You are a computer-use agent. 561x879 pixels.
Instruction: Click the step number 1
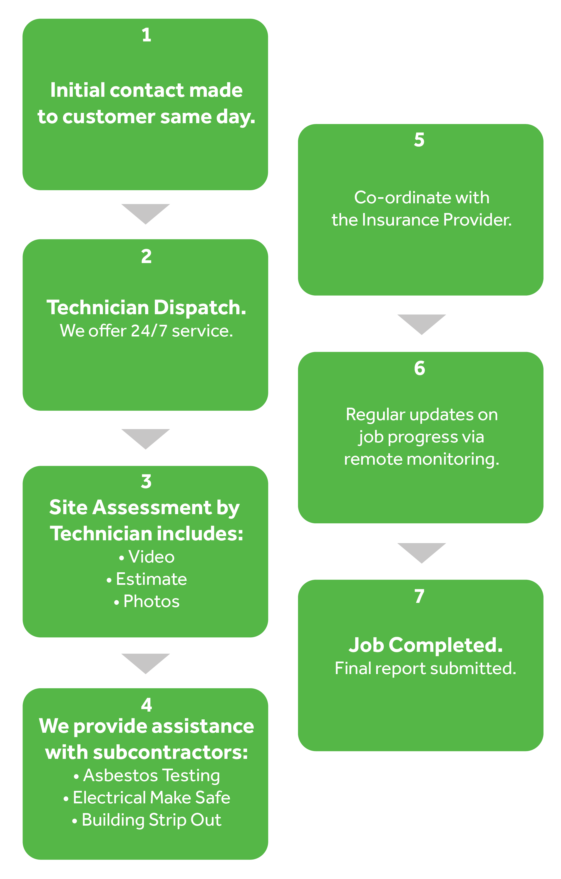coord(146,35)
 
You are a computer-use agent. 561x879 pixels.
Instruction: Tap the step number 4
coord(146,705)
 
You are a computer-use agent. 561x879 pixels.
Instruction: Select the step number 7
coord(419,596)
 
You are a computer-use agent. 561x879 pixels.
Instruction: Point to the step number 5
coord(419,140)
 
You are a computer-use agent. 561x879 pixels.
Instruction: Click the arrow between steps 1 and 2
coord(146,214)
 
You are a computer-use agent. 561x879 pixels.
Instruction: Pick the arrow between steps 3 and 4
coord(146,664)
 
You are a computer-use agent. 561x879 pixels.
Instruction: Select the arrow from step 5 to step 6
coord(421,325)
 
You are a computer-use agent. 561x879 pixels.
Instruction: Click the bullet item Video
coord(147,557)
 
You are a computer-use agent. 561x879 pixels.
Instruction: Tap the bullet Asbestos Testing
coord(147,776)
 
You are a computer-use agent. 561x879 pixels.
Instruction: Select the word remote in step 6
coord(373,459)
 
